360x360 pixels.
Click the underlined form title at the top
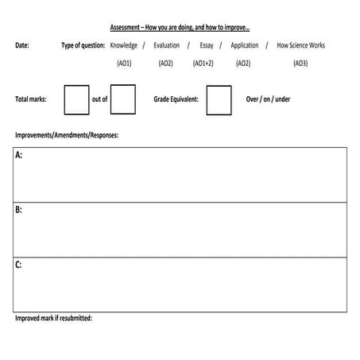pos(180,27)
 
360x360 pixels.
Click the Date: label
pos(22,45)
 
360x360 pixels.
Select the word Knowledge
pos(124,45)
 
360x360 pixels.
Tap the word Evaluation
pos(167,45)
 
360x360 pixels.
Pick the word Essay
pos(207,45)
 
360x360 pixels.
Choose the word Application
pos(245,45)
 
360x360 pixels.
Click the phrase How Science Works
pos(300,45)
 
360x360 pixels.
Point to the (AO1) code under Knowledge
pos(124,63)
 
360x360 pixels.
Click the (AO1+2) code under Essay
pos(203,63)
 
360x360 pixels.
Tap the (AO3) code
pos(300,63)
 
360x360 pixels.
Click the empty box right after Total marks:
pos(76,100)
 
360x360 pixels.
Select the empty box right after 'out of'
pos(123,100)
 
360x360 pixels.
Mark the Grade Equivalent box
pos(219,100)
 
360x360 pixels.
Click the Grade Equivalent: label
pos(178,100)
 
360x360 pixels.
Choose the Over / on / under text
pos(269,100)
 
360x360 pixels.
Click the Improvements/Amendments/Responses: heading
pos(67,134)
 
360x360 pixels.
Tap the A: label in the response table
pos(18,156)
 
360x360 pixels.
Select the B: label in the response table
pos(18,211)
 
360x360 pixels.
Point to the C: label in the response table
pos(18,265)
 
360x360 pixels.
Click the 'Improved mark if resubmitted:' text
pos(53,318)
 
